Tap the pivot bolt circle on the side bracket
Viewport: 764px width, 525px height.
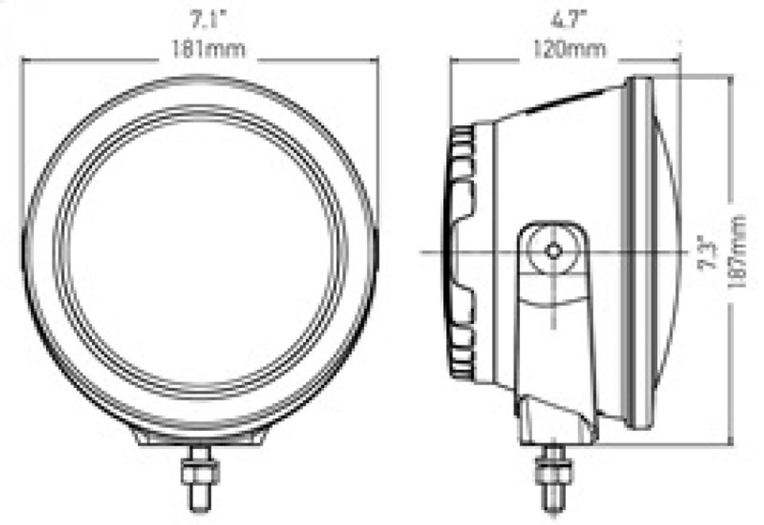(x=553, y=251)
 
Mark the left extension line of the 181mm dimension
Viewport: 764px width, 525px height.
(x=22, y=149)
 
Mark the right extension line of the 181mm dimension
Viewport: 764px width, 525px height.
(x=378, y=149)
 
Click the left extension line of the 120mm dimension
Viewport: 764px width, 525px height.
(x=450, y=95)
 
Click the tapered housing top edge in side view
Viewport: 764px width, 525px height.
(x=561, y=103)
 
